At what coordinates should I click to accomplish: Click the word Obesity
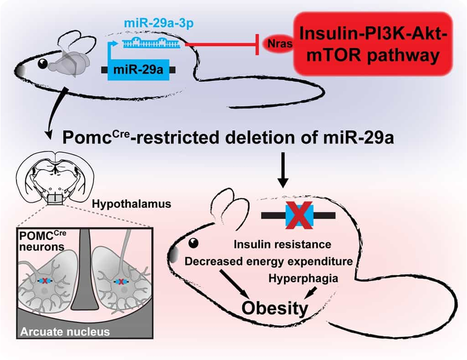coord(275,308)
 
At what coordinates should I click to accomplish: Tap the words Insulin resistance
coord(283,244)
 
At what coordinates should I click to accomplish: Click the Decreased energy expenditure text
coord(268,262)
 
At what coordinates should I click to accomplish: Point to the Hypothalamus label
coord(131,204)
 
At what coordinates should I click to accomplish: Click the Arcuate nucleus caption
coord(65,332)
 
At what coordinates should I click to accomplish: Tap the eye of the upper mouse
coord(42,63)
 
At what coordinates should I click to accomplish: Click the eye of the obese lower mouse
coord(194,243)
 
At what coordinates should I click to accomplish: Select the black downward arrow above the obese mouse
coord(284,170)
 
